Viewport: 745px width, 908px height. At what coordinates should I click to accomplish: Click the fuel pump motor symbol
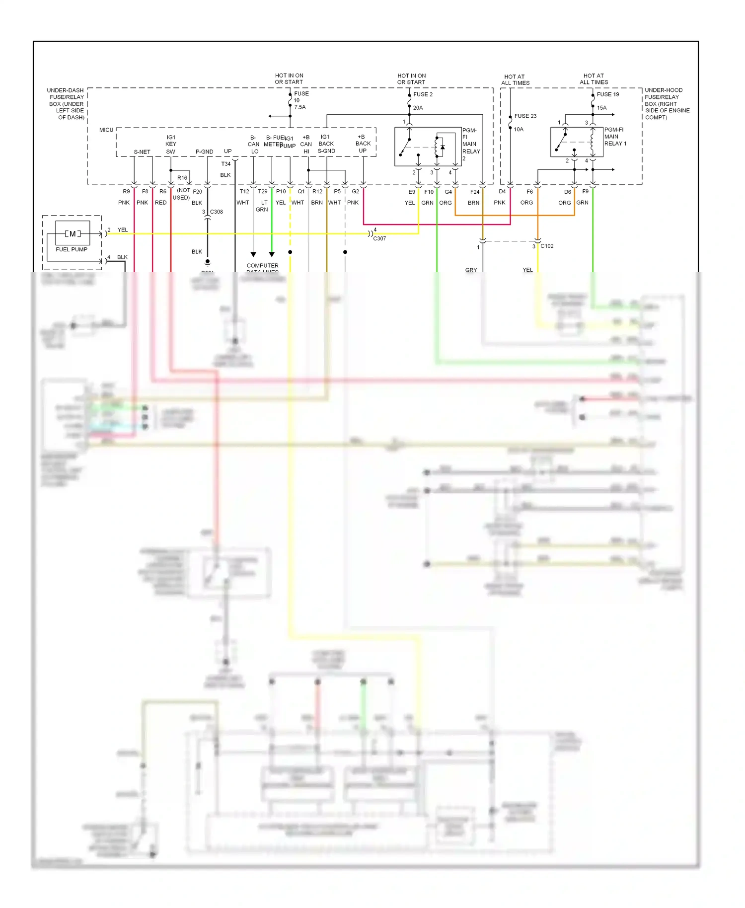pos(73,233)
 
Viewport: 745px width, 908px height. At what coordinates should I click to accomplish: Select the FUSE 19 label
pos(607,94)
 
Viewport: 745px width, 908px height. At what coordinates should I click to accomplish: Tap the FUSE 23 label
pos(525,116)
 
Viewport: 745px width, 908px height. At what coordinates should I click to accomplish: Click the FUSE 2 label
pos(423,94)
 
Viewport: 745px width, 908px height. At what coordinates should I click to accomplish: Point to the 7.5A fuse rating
pos(299,107)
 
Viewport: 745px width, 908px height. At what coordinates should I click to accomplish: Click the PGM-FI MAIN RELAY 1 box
pos(577,142)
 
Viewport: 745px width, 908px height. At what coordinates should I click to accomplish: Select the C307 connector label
pos(379,238)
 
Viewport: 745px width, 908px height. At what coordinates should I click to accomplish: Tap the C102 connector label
pos(547,246)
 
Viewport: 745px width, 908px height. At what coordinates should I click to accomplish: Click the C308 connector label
pos(217,212)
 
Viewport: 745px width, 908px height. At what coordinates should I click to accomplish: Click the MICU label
pos(106,130)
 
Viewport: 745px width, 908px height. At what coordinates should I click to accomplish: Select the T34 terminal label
pos(225,164)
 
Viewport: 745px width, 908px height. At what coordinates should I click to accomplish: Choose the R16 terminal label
pos(182,178)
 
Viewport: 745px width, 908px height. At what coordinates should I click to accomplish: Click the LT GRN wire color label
pos(262,206)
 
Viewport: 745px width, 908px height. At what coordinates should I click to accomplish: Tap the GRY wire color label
pos(471,270)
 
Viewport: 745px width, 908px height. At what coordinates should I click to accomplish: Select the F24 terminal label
pos(475,192)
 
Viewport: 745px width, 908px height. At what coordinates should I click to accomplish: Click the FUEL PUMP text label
pos(72,249)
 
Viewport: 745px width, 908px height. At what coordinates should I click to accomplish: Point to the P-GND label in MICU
pos(204,151)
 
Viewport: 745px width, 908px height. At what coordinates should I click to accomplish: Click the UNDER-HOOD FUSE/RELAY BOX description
pos(667,104)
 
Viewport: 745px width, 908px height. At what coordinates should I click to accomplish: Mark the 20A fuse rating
pos(418,108)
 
